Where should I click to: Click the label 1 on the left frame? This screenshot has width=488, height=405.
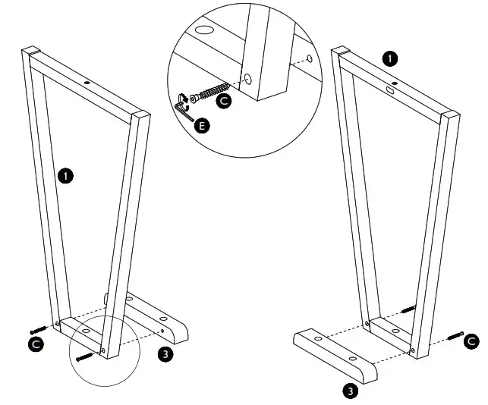pos(65,175)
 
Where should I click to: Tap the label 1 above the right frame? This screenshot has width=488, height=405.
pos(389,58)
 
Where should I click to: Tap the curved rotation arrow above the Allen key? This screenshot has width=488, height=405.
pos(182,97)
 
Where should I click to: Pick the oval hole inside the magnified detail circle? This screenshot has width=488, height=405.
pos(203,32)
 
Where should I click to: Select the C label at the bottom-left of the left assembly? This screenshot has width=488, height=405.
pos(35,344)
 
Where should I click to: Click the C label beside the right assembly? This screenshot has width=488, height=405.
pos(471,340)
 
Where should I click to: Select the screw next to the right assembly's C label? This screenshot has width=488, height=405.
pos(455,334)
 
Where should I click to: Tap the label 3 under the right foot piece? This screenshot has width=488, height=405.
pos(350,391)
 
